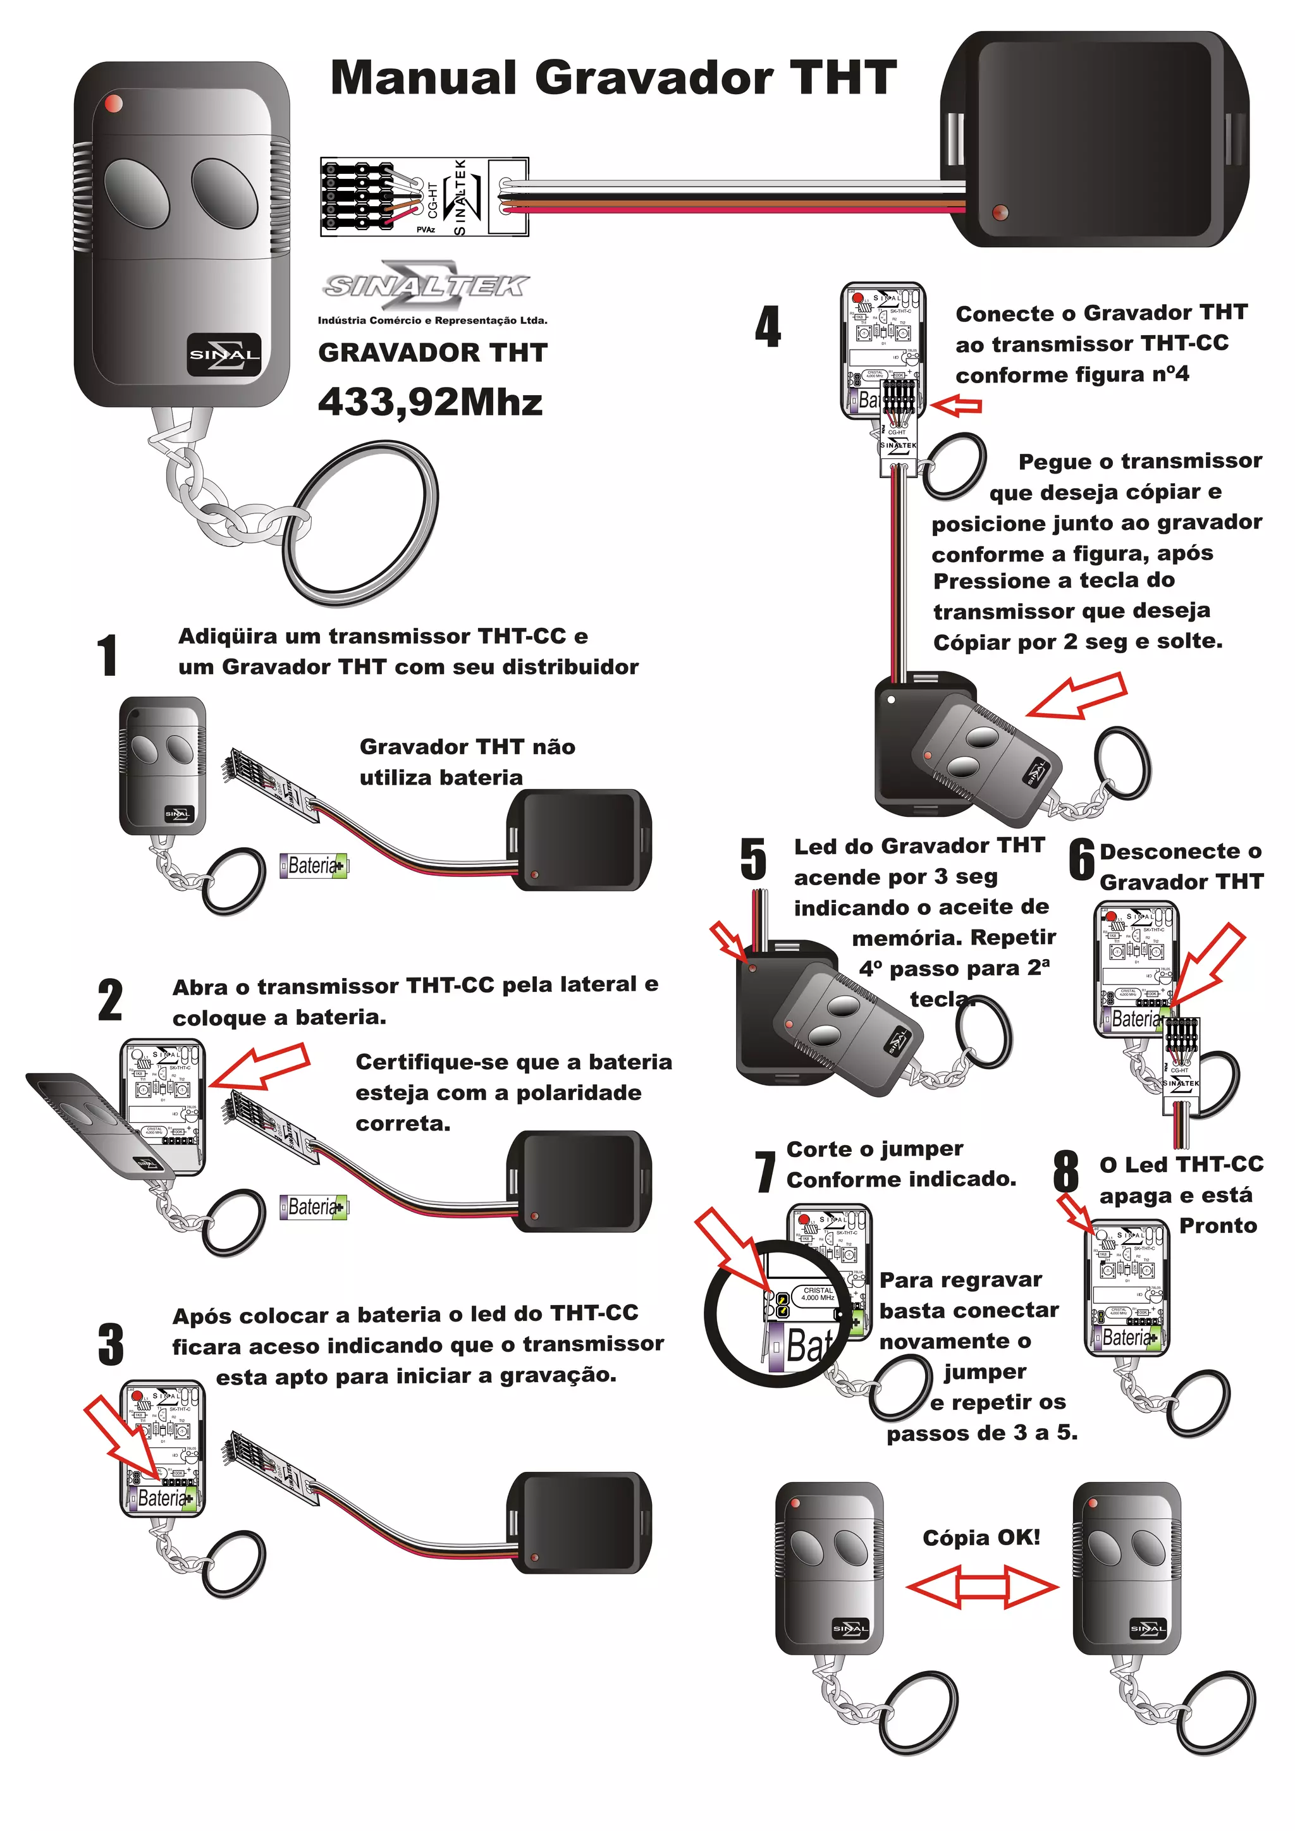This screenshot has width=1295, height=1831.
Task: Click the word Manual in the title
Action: click(x=422, y=78)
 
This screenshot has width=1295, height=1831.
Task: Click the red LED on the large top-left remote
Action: click(x=113, y=103)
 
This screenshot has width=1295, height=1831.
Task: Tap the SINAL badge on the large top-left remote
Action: click(x=225, y=354)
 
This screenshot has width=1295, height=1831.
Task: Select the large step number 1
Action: click(x=107, y=656)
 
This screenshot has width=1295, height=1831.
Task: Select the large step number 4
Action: click(x=767, y=327)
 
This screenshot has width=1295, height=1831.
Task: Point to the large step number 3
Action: click(x=111, y=1344)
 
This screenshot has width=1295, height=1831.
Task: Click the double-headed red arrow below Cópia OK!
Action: click(x=983, y=1587)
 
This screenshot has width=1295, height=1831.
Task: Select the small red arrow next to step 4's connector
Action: click(x=955, y=405)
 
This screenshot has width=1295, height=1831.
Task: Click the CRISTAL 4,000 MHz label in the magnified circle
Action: click(x=818, y=1294)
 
